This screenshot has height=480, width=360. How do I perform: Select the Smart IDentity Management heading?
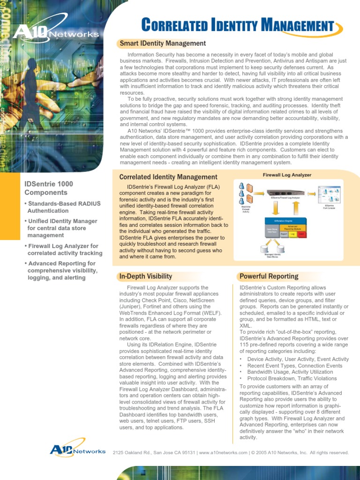(x=162, y=44)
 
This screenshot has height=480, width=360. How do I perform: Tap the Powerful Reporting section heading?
(x=269, y=276)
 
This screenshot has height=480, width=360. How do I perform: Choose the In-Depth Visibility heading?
(x=145, y=276)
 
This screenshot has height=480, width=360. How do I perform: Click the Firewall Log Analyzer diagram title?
(x=287, y=175)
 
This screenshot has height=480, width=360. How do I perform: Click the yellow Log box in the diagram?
(x=292, y=233)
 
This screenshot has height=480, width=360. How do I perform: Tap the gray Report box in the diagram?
(x=284, y=233)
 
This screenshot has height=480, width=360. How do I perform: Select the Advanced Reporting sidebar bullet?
(x=61, y=270)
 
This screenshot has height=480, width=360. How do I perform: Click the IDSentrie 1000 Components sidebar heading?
(x=49, y=188)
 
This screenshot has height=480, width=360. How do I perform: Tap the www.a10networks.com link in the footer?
(x=223, y=452)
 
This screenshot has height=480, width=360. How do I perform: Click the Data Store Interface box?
(x=269, y=230)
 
